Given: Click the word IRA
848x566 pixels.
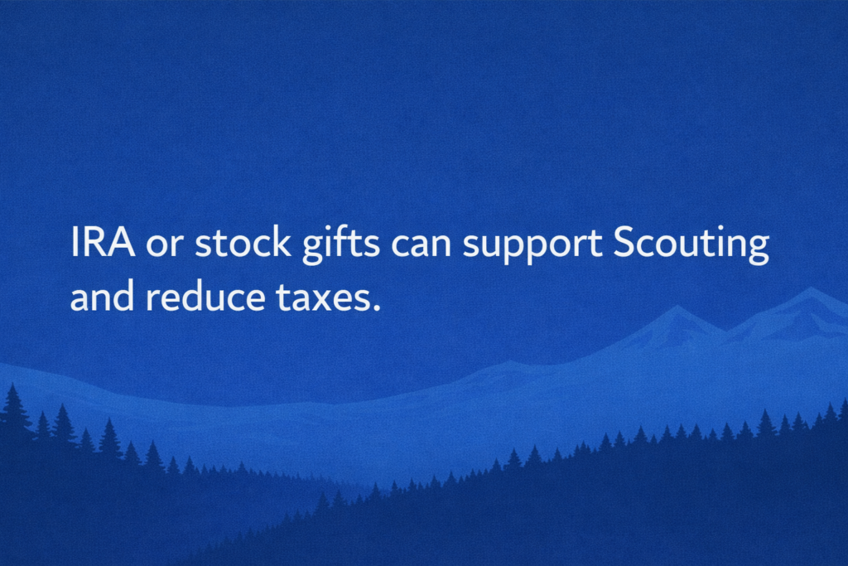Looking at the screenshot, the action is coord(103,243).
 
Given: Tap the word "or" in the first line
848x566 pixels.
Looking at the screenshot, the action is coord(165,246).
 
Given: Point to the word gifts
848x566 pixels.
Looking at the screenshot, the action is coord(340,244).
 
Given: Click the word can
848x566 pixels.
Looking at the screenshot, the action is coord(421,246).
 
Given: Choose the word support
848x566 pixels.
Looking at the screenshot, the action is coord(532,246).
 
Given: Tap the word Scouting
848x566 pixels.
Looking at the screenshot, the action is coord(691,245).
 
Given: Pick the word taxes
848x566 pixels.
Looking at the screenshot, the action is coord(323,298).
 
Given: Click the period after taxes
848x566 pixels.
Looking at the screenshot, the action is coord(377,308).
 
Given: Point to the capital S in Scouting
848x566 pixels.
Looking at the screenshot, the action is coord(624,243).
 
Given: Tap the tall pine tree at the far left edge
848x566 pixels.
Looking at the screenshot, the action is coord(13,403).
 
